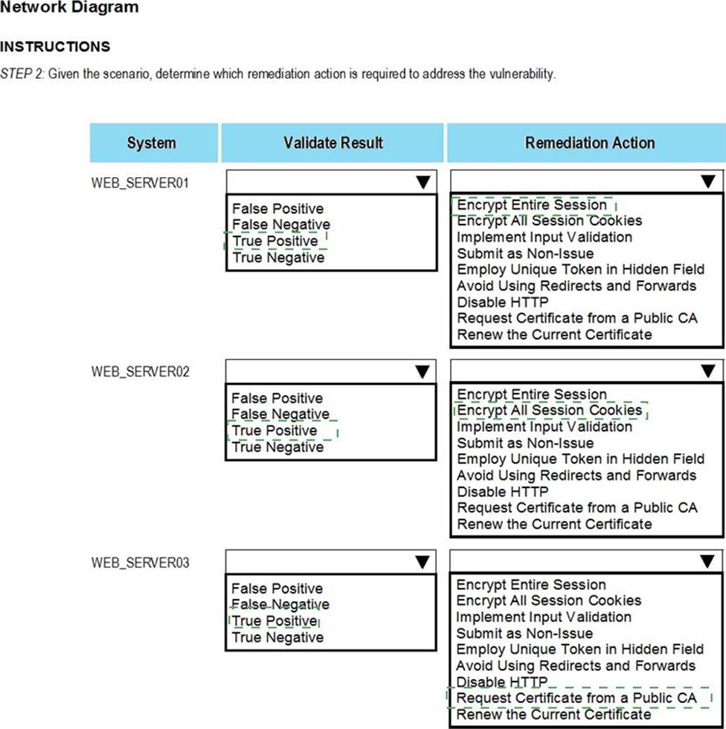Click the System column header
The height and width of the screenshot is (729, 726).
[x=152, y=143]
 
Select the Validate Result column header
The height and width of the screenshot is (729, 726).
[x=333, y=143]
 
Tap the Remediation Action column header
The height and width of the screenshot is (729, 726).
[x=589, y=143]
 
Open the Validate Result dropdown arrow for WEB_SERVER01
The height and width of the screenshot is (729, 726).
[x=423, y=182]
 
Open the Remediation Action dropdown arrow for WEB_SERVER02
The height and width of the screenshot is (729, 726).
[x=707, y=371]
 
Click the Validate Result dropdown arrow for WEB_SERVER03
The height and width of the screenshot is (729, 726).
[x=423, y=562]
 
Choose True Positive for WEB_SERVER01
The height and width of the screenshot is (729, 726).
[x=275, y=241]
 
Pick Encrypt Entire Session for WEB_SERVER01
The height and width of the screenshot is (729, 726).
[x=532, y=205]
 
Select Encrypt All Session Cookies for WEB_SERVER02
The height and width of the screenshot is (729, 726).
[x=549, y=410]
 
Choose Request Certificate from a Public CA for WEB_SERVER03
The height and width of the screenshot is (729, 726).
[x=576, y=698]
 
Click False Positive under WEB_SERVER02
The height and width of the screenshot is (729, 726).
[x=277, y=398]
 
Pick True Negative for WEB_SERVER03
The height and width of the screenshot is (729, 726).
[x=277, y=638]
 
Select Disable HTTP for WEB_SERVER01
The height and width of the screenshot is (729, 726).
[x=502, y=302]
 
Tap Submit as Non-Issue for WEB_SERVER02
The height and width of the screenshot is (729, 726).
[x=525, y=443]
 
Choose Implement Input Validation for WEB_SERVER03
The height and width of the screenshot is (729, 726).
[x=544, y=617]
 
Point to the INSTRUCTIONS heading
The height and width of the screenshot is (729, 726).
[x=55, y=47]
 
